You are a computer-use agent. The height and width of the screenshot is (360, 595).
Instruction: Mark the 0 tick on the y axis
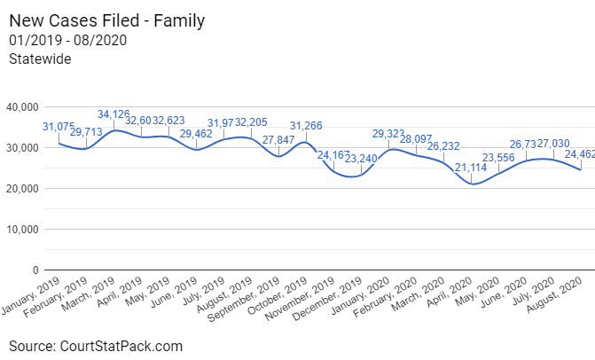pyautogui.click(x=35, y=270)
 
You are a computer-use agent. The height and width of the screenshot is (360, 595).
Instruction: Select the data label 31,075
pyautogui.click(x=59, y=127)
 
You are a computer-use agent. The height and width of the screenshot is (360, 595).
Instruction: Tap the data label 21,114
pyautogui.click(x=472, y=168)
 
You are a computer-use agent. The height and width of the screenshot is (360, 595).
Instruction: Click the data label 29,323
pyautogui.click(x=389, y=134)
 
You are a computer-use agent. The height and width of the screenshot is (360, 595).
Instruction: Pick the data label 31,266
pyautogui.click(x=307, y=126)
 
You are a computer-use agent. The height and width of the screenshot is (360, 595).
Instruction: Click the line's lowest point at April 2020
pyautogui.click(x=473, y=184)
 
